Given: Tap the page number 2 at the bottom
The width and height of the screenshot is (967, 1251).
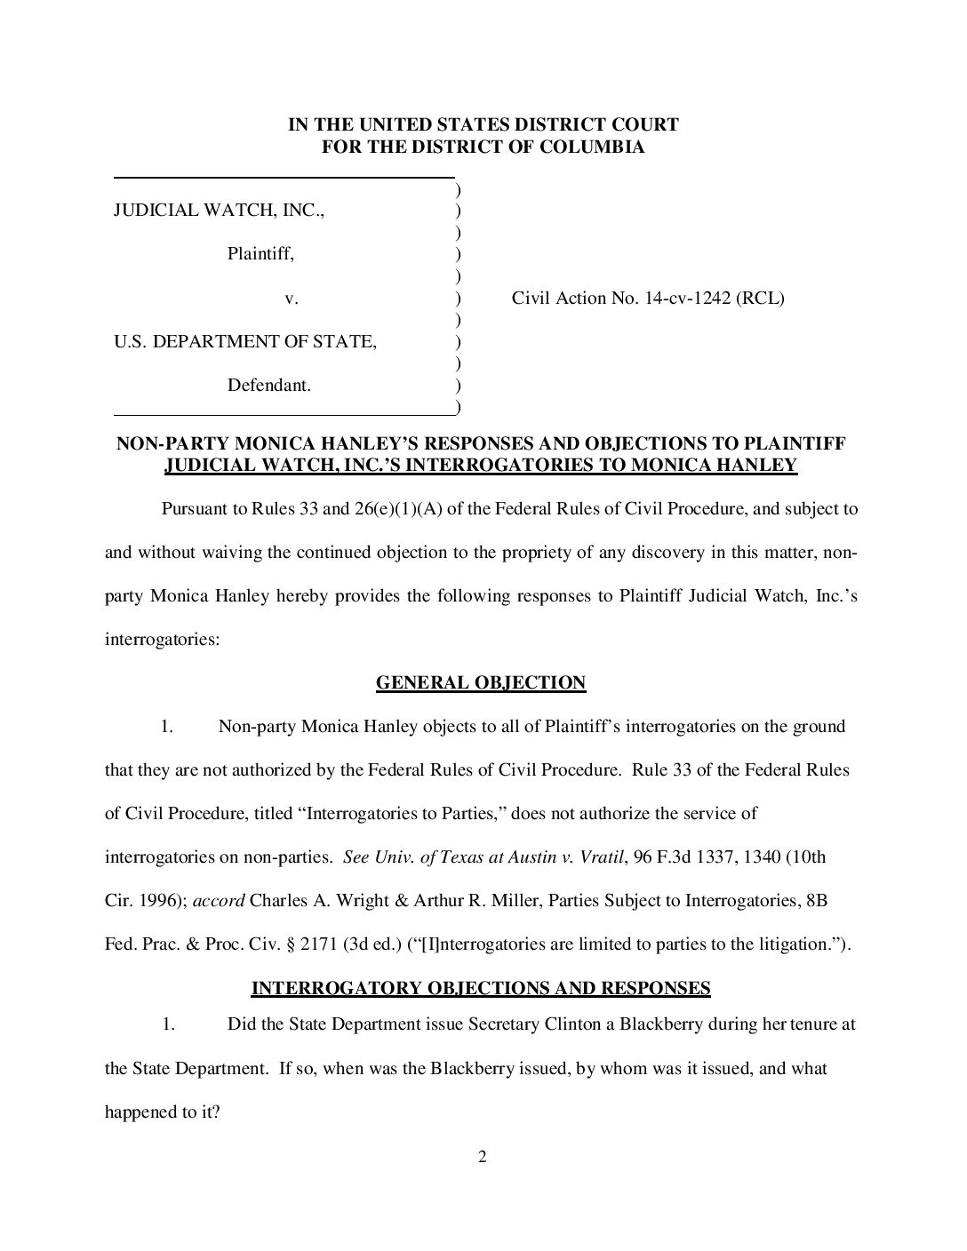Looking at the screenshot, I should point(483,1157).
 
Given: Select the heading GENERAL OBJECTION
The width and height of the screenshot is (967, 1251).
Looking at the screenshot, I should point(481,682).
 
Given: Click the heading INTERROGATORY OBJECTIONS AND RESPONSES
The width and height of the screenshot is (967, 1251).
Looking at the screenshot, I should point(481,988).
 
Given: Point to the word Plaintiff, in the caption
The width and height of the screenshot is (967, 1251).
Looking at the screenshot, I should point(260,254).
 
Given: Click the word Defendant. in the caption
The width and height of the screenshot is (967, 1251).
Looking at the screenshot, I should point(269,386).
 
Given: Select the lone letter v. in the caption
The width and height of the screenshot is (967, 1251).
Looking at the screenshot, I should point(291,299).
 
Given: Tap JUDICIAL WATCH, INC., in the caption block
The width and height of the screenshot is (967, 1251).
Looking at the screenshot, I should point(219,211).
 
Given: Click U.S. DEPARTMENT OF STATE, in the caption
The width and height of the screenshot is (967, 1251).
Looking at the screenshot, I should point(245,342).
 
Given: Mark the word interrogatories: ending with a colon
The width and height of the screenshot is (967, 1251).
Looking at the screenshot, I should point(162,640).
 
